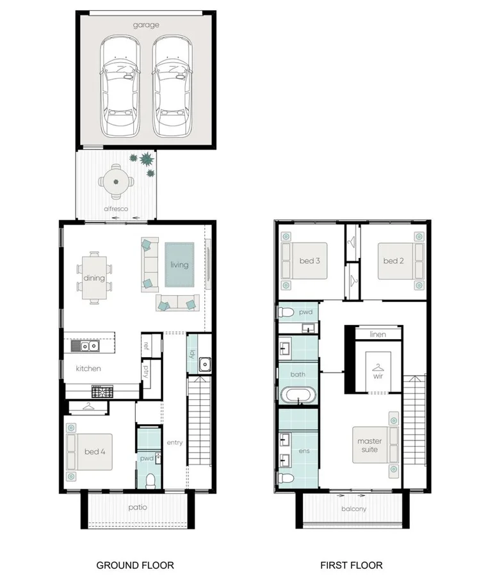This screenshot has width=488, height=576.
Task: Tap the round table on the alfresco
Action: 117,182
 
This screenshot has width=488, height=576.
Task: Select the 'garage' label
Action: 146,25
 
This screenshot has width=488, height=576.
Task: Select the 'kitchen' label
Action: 88,369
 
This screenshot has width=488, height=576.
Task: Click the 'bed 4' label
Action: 95,452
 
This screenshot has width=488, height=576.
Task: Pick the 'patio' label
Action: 137,508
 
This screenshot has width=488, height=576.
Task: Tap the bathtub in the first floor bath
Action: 298,396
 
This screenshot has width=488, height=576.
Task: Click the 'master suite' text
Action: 369,445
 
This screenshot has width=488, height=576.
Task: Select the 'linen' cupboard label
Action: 378,335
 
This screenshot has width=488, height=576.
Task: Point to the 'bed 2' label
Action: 393,260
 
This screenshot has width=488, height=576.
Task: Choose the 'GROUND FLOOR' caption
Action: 127,565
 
